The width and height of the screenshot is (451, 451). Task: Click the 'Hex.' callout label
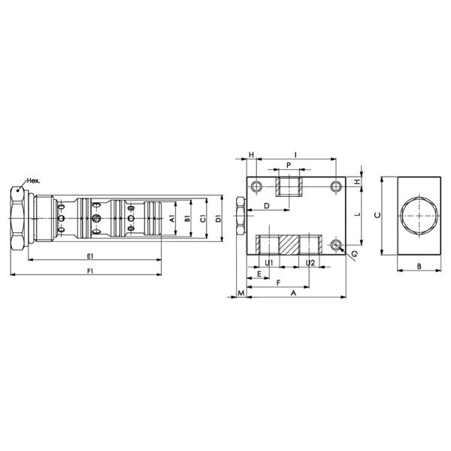[33, 181]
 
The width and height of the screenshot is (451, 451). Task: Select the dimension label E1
[90, 256]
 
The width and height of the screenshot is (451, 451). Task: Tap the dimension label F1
[90, 271]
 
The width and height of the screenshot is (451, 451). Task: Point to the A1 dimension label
[172, 219]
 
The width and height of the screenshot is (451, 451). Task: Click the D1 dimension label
[219, 218]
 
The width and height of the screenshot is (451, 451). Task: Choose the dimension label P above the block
[289, 165]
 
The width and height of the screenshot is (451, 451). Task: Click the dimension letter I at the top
[295, 156]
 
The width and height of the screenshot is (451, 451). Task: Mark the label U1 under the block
[269, 262]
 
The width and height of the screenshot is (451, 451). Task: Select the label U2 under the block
[310, 262]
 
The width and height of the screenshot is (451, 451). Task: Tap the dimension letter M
[241, 293]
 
